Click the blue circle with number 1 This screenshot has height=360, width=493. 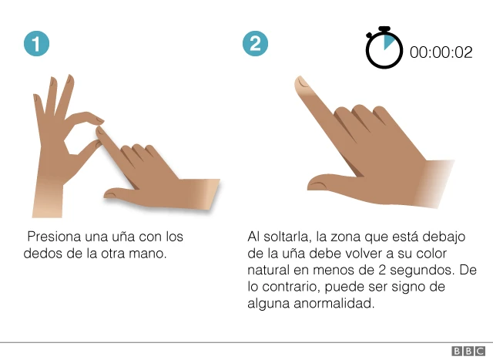coord(36,44)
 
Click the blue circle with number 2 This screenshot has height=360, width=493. coord(255,44)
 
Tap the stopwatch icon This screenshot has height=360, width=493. coord(384,48)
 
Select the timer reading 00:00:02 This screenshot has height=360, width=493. coord(441,52)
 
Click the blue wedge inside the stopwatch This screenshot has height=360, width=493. coord(388,42)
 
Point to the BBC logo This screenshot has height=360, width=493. coord(468,351)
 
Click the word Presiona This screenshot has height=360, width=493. coord(54,237)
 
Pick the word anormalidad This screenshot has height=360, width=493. coord(334,304)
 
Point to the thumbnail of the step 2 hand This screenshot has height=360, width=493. coord(317,186)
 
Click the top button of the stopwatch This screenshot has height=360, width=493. coord(384,29)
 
